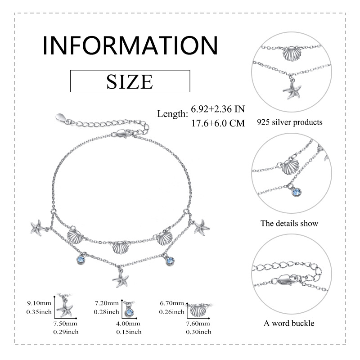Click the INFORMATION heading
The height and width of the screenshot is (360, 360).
[130, 45]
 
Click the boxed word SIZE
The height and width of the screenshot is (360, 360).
[130, 81]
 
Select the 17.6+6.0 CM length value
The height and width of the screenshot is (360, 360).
[218, 123]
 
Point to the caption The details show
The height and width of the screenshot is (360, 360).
[289, 223]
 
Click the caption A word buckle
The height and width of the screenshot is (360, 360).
[289, 323]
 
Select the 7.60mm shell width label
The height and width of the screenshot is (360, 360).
[198, 324]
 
